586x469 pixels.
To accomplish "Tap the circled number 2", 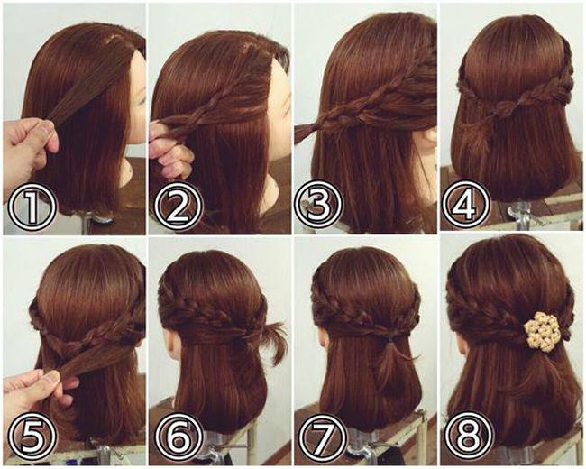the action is point(178,207).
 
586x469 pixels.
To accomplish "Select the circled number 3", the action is point(318,206).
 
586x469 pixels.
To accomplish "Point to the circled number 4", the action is point(466,205).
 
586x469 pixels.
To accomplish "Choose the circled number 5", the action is point(32,437).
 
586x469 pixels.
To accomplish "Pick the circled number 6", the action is point(179,437).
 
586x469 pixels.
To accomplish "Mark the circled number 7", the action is point(323,437).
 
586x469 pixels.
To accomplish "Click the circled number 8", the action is point(468,437).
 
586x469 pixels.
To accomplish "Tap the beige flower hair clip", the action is point(539,331).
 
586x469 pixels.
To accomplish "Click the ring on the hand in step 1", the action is point(44,131).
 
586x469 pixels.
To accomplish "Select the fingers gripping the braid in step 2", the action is point(170,150).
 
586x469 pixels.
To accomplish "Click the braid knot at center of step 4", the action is point(503,108).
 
